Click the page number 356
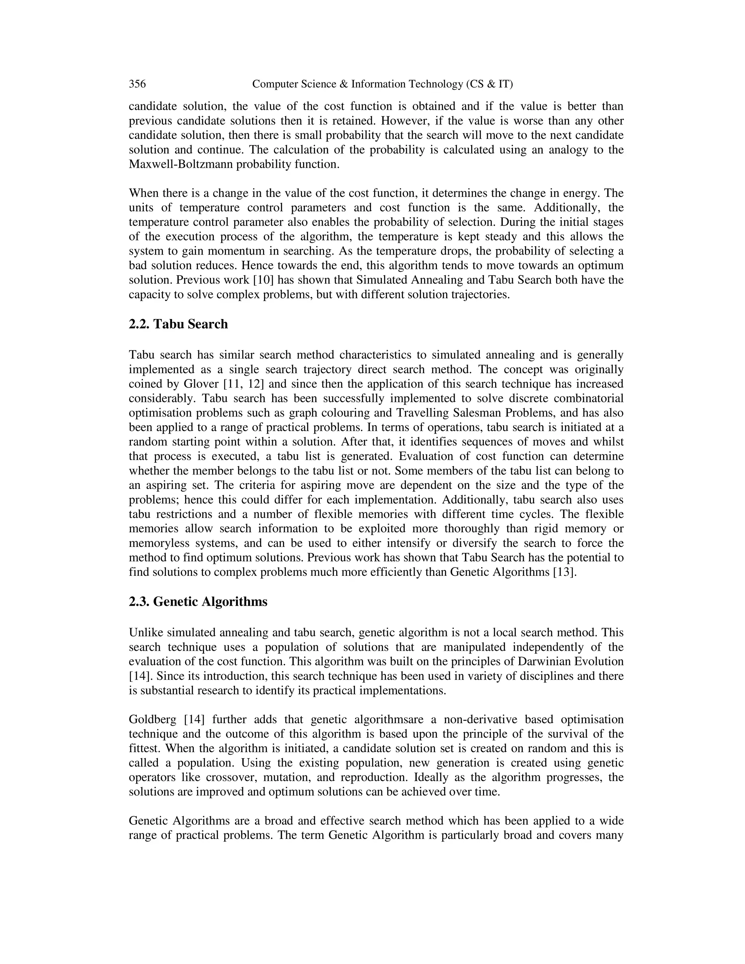coord(137,84)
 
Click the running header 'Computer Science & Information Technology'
coord(382,84)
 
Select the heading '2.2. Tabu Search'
coord(178,324)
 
